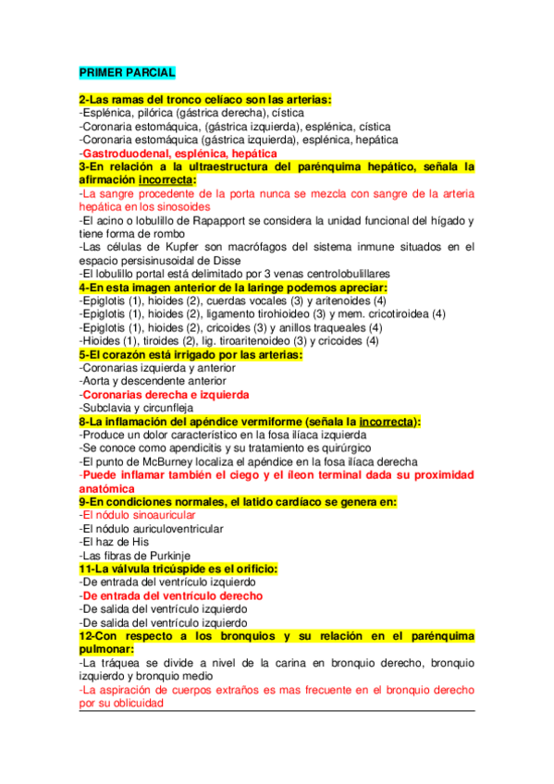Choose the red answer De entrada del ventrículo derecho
pyautogui.click(x=170, y=595)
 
